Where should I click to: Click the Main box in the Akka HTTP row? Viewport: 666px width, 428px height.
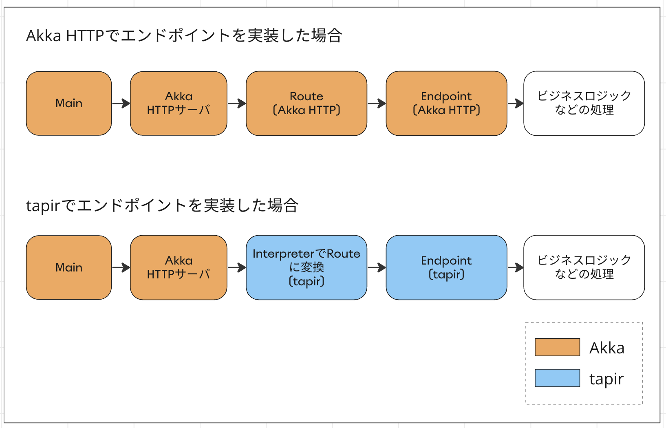(x=69, y=104)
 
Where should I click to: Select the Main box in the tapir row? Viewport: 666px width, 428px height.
(x=69, y=267)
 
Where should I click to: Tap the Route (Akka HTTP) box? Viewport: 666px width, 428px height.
(x=307, y=104)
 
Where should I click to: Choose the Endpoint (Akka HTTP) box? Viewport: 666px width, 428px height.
(x=446, y=104)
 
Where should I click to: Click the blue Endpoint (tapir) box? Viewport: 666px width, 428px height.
(x=446, y=267)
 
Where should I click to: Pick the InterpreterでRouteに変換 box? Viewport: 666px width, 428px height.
(x=307, y=267)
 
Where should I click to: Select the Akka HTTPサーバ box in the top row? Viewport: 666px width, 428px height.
(x=179, y=104)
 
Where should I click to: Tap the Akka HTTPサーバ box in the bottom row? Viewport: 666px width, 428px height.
(x=179, y=267)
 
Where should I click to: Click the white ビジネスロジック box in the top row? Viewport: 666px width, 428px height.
(x=584, y=104)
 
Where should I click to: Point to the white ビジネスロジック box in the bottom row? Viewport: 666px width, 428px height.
(x=584, y=267)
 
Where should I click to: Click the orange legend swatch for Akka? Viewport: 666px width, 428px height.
(x=557, y=347)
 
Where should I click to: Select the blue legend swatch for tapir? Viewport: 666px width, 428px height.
(x=557, y=378)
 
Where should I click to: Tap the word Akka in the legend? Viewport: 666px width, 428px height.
(x=606, y=348)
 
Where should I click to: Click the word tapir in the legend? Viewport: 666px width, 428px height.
(x=606, y=379)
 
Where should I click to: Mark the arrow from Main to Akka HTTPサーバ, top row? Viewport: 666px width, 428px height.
(x=121, y=104)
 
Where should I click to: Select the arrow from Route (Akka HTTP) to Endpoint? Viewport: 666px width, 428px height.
(x=377, y=104)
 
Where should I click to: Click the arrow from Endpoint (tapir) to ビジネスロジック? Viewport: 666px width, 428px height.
(x=516, y=268)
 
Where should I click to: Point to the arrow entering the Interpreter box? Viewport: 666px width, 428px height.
(x=237, y=268)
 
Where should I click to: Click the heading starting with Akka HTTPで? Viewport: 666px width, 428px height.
(x=184, y=36)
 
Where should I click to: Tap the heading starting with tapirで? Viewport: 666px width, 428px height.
(x=162, y=205)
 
